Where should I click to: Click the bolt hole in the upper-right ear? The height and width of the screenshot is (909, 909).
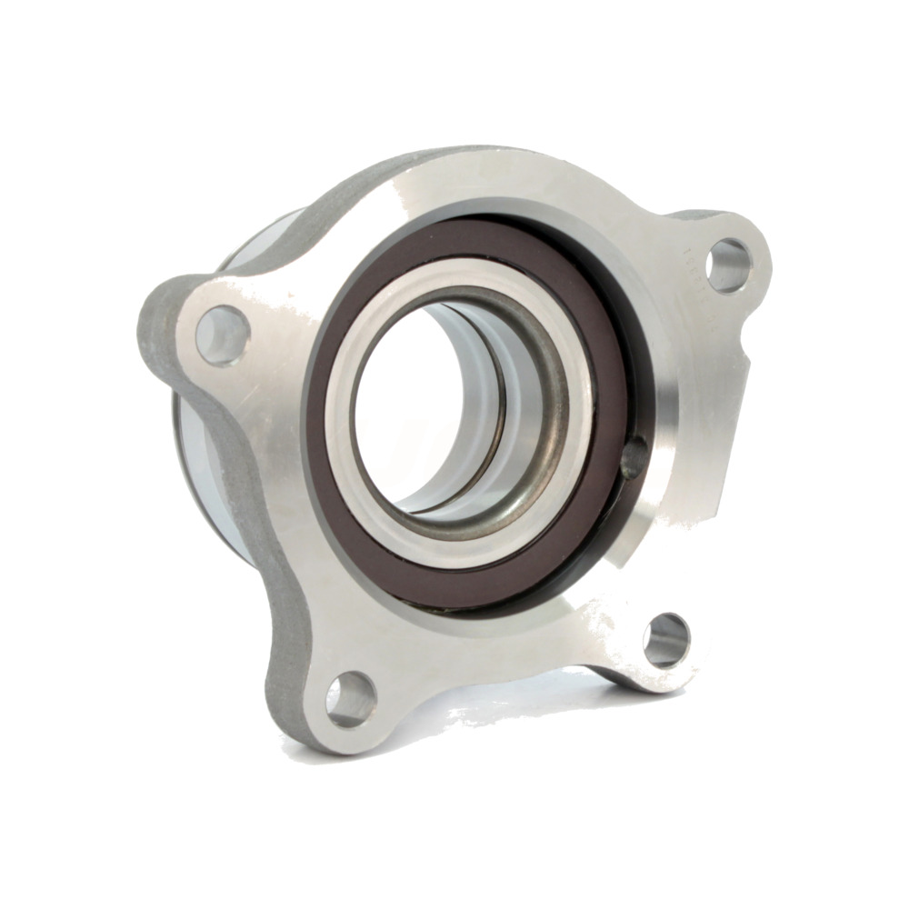728,265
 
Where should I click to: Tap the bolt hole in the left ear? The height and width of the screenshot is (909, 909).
222,335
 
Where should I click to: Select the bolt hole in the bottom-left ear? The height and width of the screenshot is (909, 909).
351,698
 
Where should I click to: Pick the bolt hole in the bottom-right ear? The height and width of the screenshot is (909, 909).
666,640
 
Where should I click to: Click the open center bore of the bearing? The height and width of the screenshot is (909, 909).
409,400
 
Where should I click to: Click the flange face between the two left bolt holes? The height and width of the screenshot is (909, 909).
273,509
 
